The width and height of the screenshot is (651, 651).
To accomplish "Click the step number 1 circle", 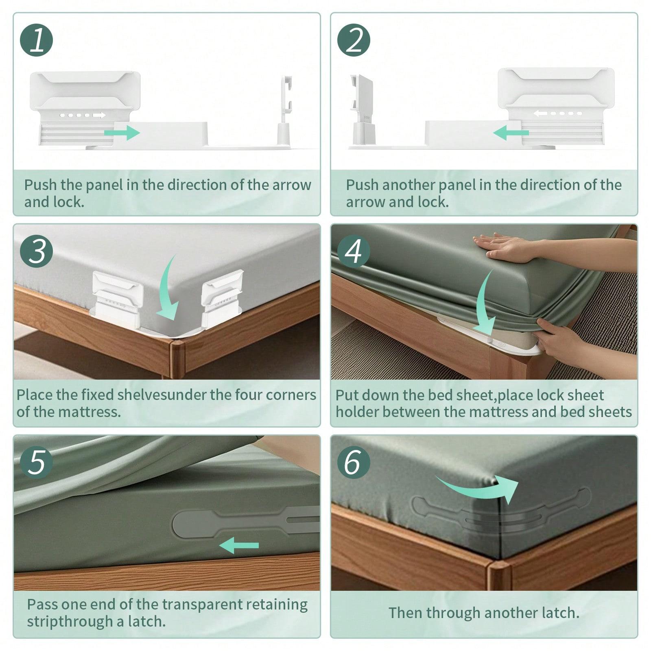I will coord(37,40).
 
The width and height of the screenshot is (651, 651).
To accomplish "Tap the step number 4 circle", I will coord(354,251).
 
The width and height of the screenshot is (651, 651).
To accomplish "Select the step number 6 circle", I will coord(354,462).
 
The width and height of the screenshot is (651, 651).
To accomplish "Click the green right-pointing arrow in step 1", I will coord(122,133).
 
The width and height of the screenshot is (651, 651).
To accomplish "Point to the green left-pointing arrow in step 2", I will coord(511,133).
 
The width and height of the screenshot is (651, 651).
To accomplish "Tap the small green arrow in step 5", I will coord(239,545).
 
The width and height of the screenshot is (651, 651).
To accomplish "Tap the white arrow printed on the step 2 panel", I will coord(540,114).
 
